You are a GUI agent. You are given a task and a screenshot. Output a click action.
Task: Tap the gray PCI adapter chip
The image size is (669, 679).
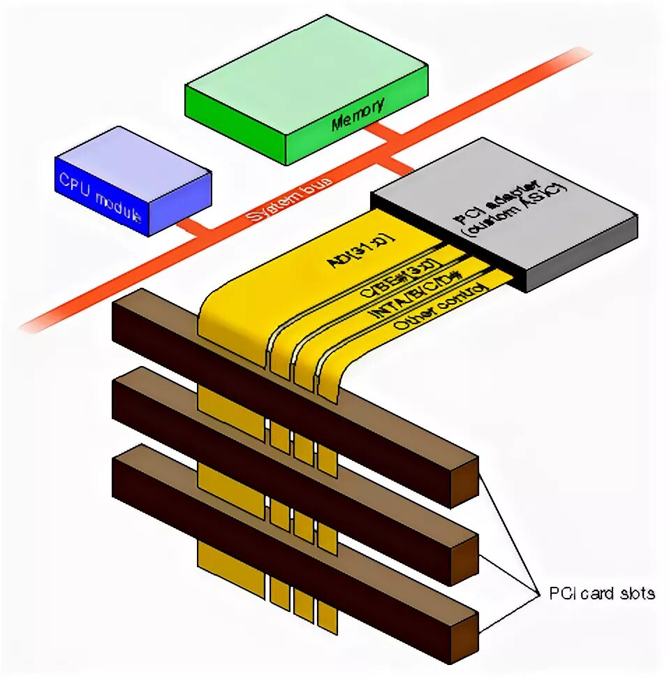click(x=503, y=217)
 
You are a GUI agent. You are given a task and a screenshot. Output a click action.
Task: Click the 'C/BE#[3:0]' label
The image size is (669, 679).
click(x=398, y=280)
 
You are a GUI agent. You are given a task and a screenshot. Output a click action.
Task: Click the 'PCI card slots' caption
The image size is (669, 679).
click(x=601, y=594)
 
